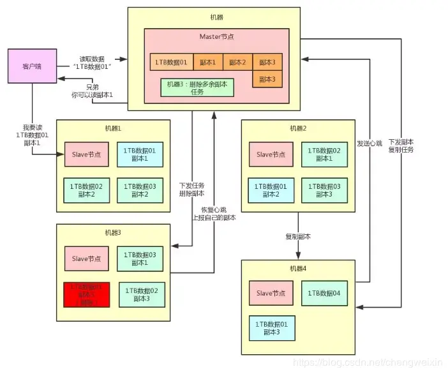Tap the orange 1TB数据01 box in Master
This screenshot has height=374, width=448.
click(x=171, y=63)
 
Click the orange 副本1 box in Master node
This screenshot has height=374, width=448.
click(x=207, y=63)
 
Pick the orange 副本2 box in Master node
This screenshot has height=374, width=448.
click(x=237, y=63)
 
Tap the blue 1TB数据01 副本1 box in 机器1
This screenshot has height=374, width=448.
click(x=140, y=154)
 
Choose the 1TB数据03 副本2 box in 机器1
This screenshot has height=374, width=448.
click(x=140, y=190)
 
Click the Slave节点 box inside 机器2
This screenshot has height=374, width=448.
click(x=271, y=154)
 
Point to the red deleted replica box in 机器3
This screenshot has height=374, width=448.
click(x=86, y=294)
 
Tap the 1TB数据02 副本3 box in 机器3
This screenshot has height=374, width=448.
click(x=142, y=294)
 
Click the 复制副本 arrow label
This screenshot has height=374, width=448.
click(x=299, y=237)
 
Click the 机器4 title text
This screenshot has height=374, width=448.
click(x=299, y=268)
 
